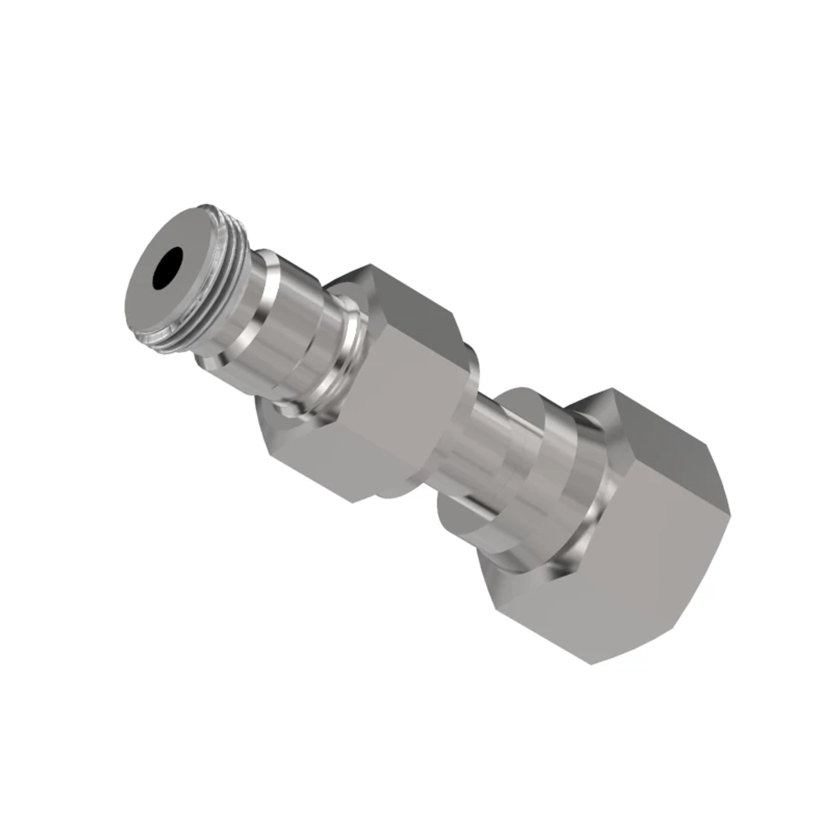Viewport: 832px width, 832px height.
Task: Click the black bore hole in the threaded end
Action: coord(168,268)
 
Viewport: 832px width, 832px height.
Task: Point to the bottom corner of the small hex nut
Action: coord(354,502)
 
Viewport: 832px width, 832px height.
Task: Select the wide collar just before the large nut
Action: coord(555,478)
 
